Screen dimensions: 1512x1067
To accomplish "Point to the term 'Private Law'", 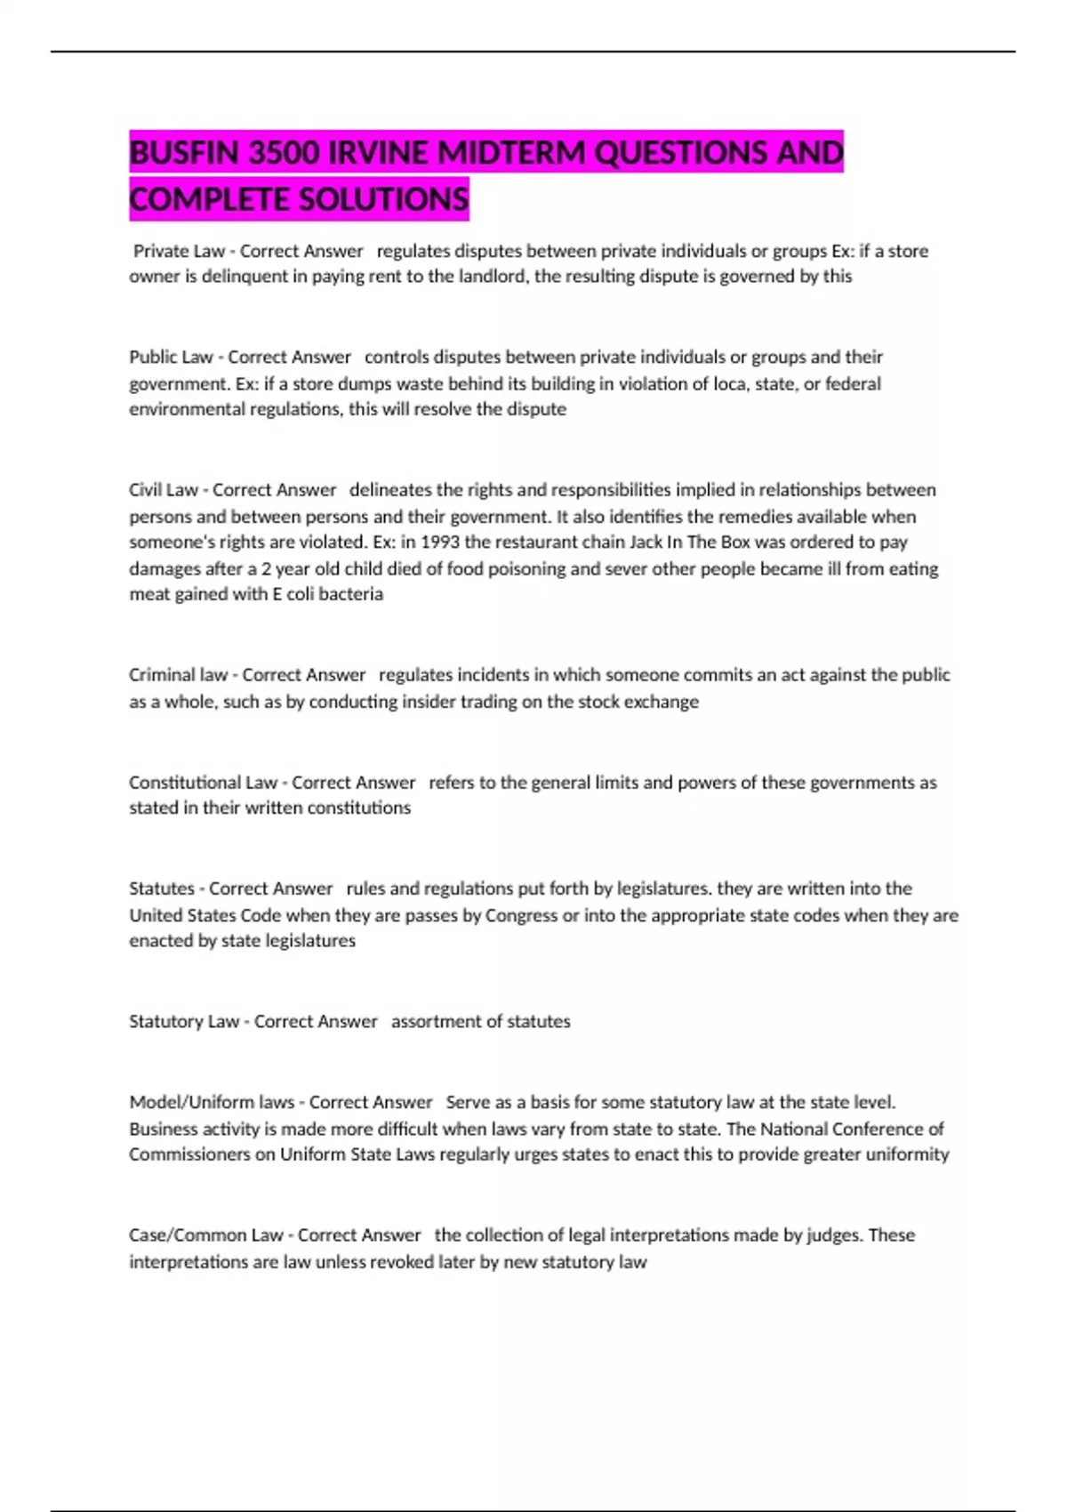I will click(179, 252).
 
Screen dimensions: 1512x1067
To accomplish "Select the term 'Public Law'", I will click(171, 358).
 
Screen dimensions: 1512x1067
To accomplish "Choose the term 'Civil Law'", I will click(164, 490).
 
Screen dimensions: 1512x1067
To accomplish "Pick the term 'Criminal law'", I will click(178, 675).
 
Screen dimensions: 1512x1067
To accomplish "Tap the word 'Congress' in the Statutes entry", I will click(521, 915).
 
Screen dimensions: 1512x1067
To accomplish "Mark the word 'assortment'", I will click(433, 1022).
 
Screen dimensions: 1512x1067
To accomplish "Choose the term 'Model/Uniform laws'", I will click(212, 1103).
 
